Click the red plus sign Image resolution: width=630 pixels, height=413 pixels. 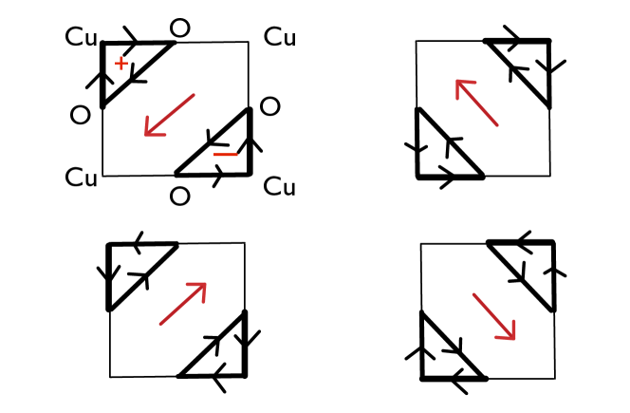120,64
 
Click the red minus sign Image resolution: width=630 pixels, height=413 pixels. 225,154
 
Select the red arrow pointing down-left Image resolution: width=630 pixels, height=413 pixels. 169,115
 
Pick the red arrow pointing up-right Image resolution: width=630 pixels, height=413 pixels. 183,303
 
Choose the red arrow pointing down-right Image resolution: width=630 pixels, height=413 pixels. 494,316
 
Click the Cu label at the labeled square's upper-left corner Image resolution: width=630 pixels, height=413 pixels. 82,38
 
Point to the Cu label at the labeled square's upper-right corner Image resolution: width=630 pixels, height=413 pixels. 280,38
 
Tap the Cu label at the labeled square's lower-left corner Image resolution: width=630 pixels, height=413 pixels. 82,178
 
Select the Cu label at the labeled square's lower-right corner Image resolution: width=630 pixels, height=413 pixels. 280,186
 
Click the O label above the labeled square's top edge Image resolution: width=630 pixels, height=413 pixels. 179,28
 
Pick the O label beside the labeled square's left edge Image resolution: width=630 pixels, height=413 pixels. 81,115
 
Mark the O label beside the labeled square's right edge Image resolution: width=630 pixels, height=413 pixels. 270,106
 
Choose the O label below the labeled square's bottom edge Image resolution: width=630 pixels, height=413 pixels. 179,197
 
